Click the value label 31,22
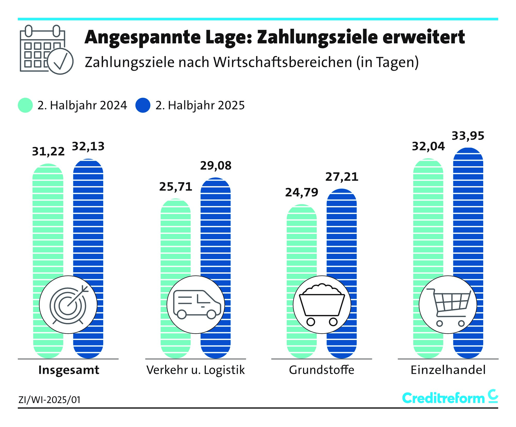pyautogui.click(x=48, y=152)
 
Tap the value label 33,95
pyautogui.click(x=468, y=136)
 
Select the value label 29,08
pyautogui.click(x=216, y=166)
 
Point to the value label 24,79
pyautogui.click(x=301, y=193)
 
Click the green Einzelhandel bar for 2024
pyautogui.click(x=428, y=219)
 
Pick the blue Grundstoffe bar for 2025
pyautogui.click(x=342, y=232)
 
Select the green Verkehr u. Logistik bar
pyautogui.click(x=176, y=238)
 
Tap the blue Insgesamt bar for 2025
pyautogui.click(x=88, y=219)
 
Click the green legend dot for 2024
pyautogui.click(x=25, y=105)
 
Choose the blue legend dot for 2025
pyautogui.click(x=143, y=105)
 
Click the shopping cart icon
pyautogui.click(x=448, y=305)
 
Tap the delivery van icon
pyautogui.click(x=196, y=305)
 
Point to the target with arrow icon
pyautogui.click(x=68, y=305)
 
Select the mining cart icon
pyautogui.click(x=322, y=305)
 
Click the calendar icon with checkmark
pyautogui.click(x=46, y=50)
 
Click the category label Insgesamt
pyautogui.click(x=69, y=370)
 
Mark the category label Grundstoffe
pyautogui.click(x=322, y=370)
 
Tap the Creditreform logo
pyautogui.click(x=450, y=398)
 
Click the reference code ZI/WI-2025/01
pyautogui.click(x=50, y=400)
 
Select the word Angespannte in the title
pyautogui.click(x=143, y=37)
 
